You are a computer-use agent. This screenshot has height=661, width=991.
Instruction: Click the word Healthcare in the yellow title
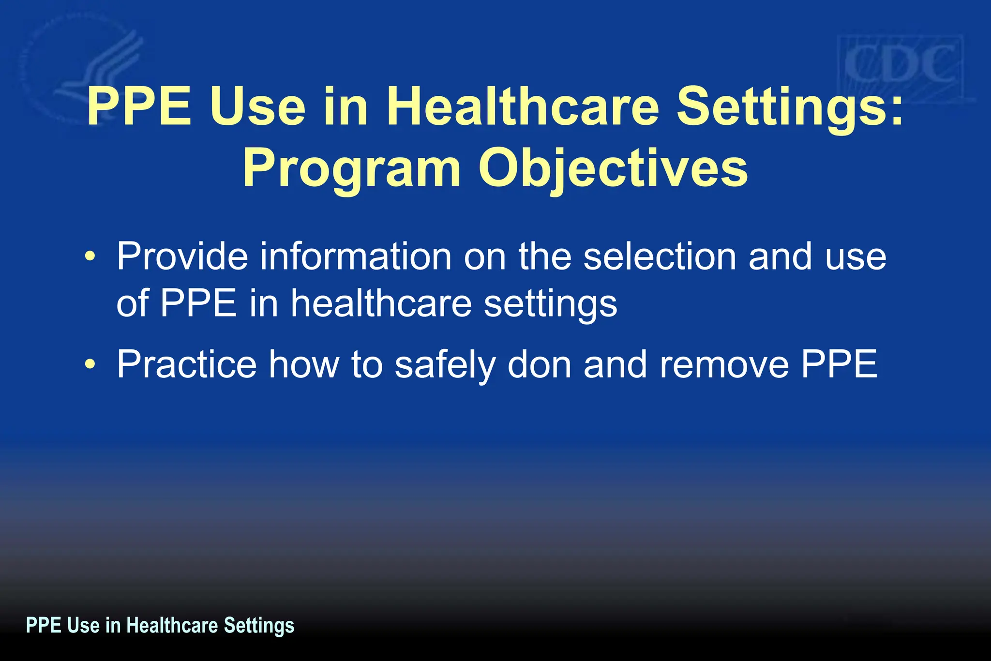point(523,106)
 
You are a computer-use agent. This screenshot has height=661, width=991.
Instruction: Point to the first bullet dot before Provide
point(90,256)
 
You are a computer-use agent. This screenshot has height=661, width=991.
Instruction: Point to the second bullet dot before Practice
point(90,364)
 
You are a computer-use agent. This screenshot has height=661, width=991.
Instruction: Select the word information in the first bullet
point(356,256)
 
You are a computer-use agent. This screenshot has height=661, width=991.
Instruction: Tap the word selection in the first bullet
point(660,256)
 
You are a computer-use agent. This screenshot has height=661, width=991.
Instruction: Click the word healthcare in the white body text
point(381,304)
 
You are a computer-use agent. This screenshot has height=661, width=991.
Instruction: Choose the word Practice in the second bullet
point(186,364)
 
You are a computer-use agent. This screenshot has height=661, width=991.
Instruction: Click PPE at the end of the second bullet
point(839,364)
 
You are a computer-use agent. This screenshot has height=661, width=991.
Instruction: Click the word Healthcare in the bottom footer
point(172,625)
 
